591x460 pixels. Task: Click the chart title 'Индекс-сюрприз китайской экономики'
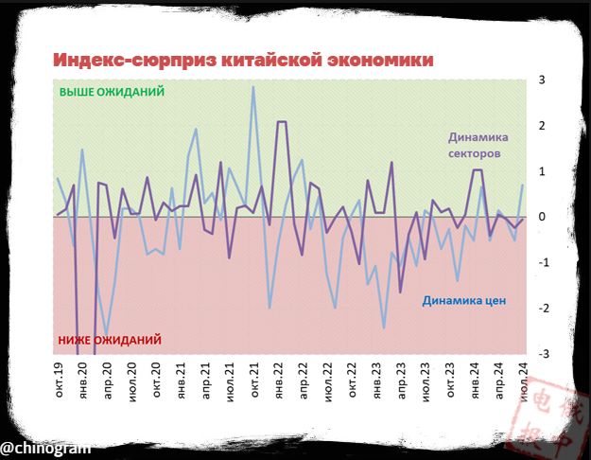(x=243, y=60)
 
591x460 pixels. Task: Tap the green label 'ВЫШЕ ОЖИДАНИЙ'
(x=112, y=93)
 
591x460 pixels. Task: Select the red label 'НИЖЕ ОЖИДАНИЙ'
(x=110, y=339)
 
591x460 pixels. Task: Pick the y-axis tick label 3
(x=543, y=80)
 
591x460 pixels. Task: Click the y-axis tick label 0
(x=543, y=217)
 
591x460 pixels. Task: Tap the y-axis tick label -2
(x=542, y=309)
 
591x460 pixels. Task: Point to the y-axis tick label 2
(x=543, y=126)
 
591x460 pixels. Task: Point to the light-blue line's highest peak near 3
(x=252, y=87)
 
